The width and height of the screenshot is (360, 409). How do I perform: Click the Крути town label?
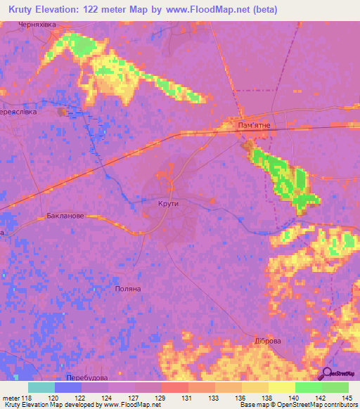coord(169,204)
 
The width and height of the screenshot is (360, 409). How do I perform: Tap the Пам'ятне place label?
coord(255,125)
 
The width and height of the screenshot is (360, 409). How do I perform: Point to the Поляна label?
coord(128,289)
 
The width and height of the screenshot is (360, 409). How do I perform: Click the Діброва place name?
coord(267,341)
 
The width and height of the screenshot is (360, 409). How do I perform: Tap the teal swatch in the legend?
coord(41,387)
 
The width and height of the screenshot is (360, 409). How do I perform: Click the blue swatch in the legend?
coord(67,387)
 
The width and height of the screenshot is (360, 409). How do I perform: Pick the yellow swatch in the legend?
coord(281,387)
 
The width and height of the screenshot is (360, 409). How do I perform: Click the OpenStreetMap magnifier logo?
coord(326,374)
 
